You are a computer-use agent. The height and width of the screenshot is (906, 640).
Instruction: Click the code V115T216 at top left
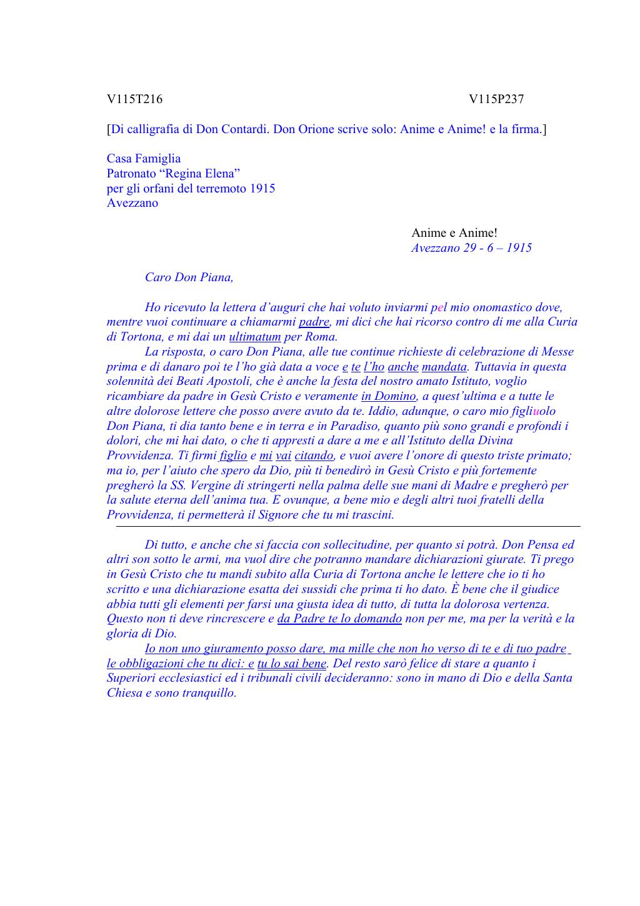click(134, 99)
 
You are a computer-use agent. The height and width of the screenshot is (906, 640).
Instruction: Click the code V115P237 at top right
click(496, 99)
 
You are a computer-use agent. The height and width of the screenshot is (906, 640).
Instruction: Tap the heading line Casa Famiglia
click(144, 159)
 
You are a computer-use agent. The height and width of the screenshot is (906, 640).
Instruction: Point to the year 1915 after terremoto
click(262, 189)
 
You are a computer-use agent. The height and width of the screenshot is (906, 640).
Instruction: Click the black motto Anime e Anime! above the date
click(454, 233)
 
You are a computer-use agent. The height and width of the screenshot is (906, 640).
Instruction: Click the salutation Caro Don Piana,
click(189, 277)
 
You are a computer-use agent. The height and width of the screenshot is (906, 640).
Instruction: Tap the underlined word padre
click(314, 322)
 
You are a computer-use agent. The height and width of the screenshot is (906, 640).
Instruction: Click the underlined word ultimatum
click(255, 337)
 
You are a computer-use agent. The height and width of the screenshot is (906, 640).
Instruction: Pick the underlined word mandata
click(444, 367)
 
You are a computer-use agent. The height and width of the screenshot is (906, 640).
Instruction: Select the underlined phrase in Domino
click(388, 396)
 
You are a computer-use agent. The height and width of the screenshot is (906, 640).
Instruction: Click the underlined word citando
click(314, 455)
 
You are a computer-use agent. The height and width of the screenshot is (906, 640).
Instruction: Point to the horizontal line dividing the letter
click(347, 527)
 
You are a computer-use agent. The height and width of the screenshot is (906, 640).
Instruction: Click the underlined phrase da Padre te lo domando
click(339, 619)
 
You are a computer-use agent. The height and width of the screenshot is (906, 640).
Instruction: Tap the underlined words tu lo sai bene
click(292, 664)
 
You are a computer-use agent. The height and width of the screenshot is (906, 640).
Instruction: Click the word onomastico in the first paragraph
click(488, 307)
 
